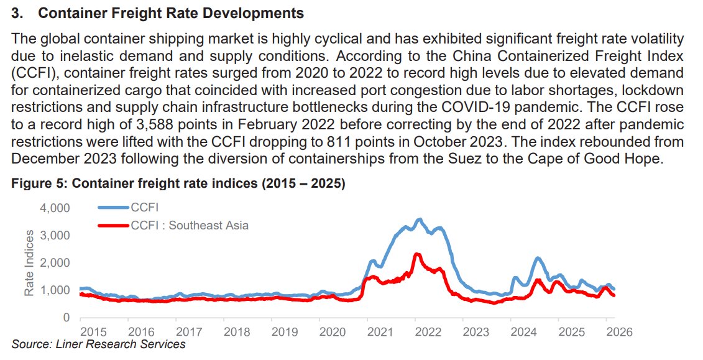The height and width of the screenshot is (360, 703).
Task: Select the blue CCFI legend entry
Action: (x=143, y=207)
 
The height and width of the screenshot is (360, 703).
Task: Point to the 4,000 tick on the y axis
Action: (x=56, y=208)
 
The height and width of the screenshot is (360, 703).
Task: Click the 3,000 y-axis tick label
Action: (x=56, y=236)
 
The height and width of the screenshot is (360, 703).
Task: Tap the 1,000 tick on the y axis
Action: (x=56, y=290)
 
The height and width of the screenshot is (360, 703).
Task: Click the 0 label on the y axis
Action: (x=67, y=318)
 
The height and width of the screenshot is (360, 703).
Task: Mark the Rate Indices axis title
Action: (x=29, y=261)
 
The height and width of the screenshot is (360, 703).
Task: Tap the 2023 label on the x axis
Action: (x=476, y=331)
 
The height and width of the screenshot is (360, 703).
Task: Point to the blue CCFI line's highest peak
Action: (x=420, y=219)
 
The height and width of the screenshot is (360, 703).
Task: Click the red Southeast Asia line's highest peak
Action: (x=417, y=254)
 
